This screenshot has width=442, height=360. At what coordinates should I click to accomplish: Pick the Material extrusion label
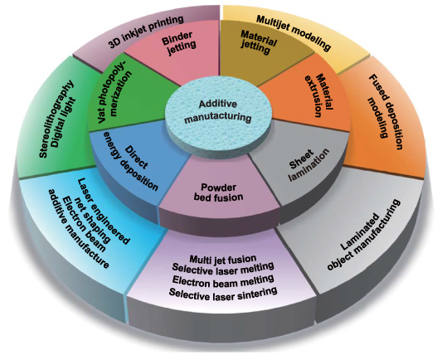(304, 90)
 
